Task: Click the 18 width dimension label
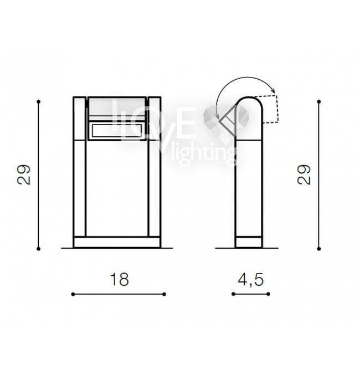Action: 119,279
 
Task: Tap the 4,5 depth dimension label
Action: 251,280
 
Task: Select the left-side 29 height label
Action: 24,174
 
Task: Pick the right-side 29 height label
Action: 304,174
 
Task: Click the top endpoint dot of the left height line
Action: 39,101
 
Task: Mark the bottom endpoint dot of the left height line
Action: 39,249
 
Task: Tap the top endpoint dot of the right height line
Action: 318,101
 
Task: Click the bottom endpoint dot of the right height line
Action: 318,249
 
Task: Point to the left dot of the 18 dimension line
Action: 73,294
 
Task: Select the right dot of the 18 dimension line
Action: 164,294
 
